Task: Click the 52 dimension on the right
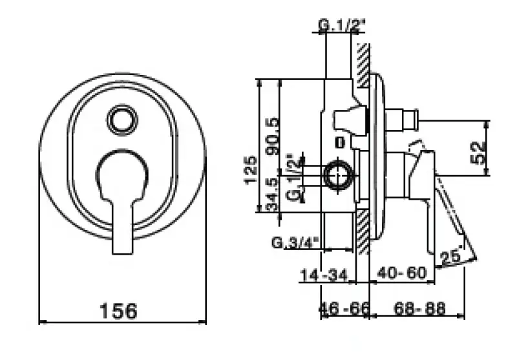(x=478, y=154)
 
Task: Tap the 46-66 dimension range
(x=345, y=310)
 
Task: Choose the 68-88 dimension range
(x=419, y=310)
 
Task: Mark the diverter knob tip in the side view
(x=409, y=120)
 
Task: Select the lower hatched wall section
(x=363, y=233)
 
